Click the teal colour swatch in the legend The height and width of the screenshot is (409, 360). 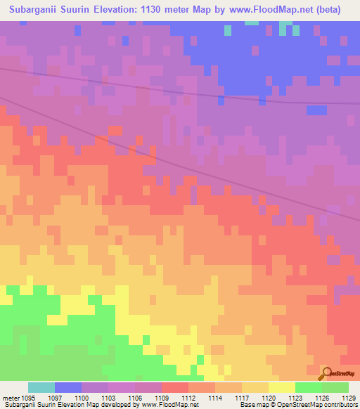click(41, 387)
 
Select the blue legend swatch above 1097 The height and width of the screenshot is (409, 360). click(68, 387)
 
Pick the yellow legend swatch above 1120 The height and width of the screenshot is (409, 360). click(281, 387)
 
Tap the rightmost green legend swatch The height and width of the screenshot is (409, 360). click(335, 387)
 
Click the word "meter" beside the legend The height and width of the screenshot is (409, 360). click(12, 397)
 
